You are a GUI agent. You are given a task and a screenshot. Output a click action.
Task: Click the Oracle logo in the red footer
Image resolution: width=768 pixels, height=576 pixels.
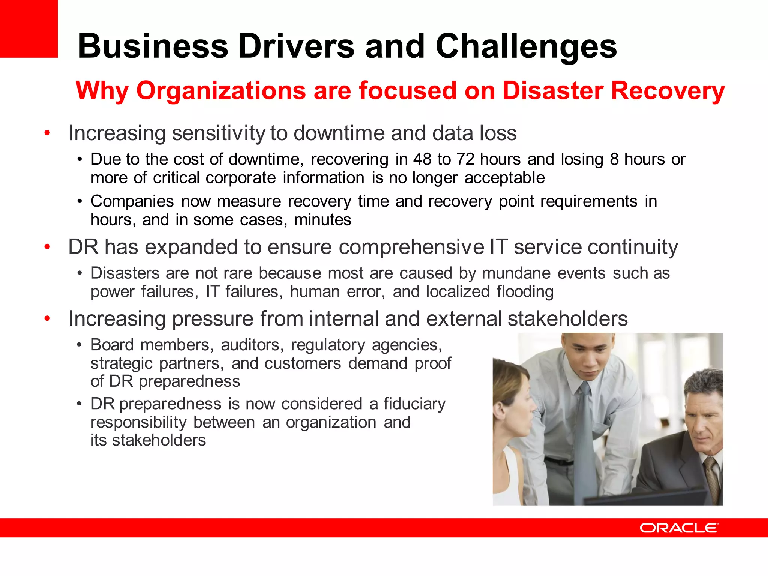click(x=679, y=528)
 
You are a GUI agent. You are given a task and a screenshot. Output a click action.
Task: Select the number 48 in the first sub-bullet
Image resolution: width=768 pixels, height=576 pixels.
click(x=422, y=160)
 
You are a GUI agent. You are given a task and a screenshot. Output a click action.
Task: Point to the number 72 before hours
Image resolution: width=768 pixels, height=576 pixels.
click(x=465, y=160)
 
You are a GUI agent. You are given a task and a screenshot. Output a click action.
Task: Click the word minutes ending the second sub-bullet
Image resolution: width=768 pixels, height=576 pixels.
click(x=322, y=220)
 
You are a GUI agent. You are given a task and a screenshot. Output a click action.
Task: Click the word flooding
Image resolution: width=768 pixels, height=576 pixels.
click(x=525, y=292)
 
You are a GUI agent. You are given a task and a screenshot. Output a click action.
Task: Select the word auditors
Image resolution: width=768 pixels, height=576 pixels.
click(x=252, y=345)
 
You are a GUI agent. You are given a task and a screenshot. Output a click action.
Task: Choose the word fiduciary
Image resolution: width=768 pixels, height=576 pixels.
click(x=414, y=404)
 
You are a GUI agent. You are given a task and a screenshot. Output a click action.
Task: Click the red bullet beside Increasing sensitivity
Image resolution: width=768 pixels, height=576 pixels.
click(x=47, y=133)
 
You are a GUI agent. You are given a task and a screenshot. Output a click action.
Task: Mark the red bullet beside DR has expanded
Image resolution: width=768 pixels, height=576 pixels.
click(x=47, y=247)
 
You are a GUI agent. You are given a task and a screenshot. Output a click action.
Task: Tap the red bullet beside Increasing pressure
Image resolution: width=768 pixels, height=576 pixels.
click(x=47, y=319)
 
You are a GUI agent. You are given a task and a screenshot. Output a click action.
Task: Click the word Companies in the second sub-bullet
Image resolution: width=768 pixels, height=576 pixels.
click(x=132, y=202)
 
